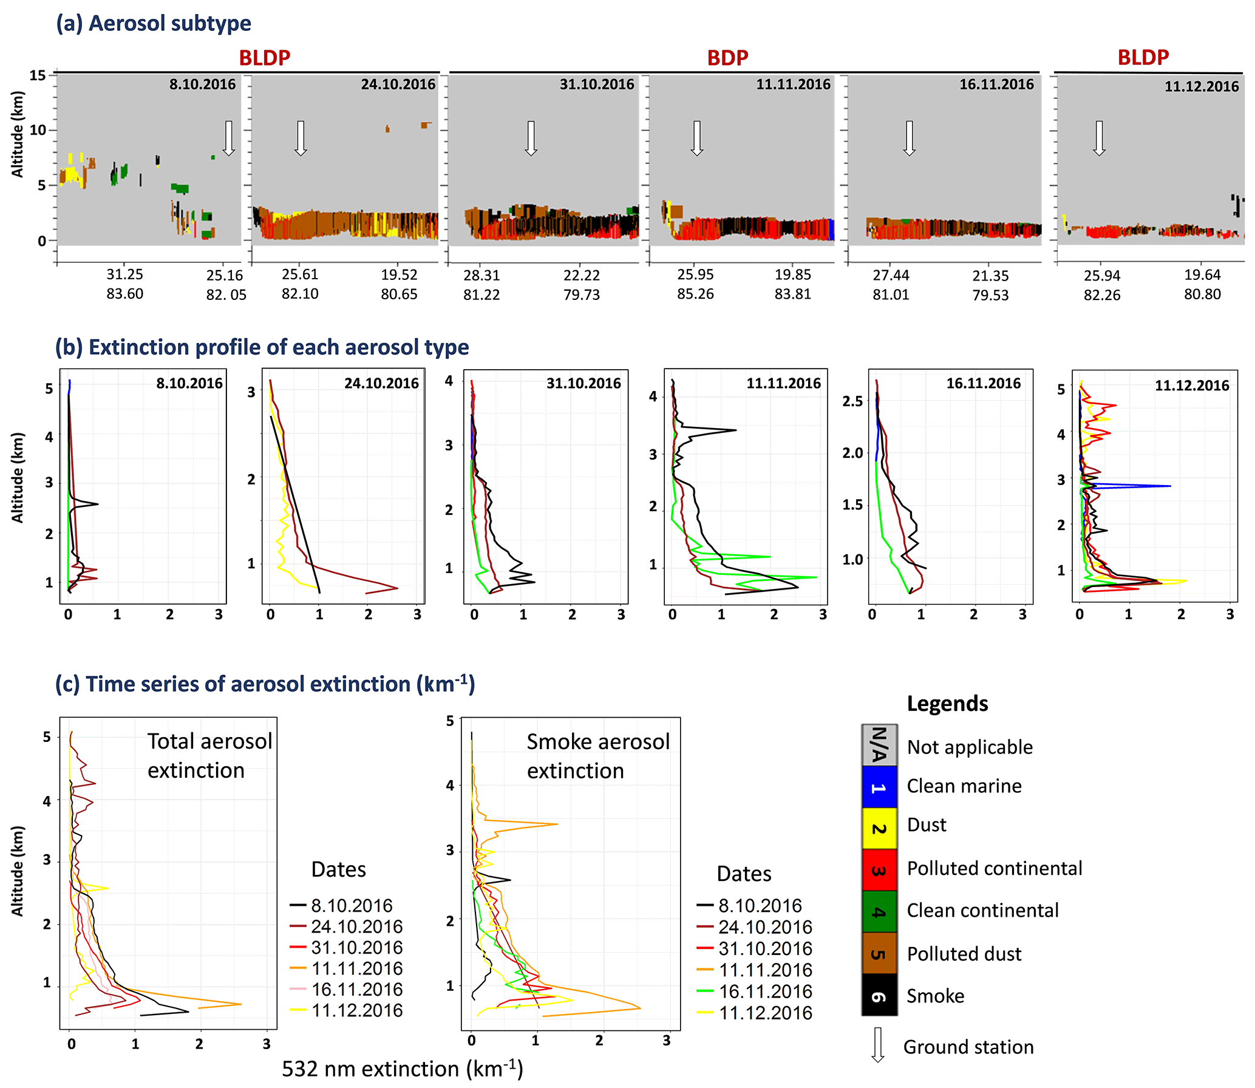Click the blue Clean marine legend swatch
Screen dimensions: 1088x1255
[x=879, y=787]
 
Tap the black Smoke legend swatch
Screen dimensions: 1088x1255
[x=879, y=995]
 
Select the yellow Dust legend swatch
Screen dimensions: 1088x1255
[x=879, y=828]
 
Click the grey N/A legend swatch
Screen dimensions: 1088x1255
[x=879, y=745]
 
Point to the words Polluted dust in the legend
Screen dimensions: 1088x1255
[x=964, y=954]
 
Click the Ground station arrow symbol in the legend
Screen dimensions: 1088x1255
[x=877, y=1045]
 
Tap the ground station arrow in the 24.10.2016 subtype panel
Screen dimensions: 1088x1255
[x=301, y=138]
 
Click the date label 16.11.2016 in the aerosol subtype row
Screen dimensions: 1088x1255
[x=996, y=84]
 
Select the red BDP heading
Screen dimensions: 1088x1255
[x=727, y=58]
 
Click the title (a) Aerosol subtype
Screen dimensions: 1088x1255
[x=154, y=23]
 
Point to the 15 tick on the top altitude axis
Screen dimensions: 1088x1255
[x=38, y=75]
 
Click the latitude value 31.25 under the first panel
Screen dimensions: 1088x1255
[x=124, y=274]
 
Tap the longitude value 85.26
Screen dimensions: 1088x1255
[x=695, y=294]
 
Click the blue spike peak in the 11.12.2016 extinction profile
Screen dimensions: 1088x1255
[x=1169, y=486]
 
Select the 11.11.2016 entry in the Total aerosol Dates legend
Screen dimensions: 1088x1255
[x=356, y=968]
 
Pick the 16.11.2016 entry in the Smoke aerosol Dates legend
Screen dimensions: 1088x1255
[x=764, y=991]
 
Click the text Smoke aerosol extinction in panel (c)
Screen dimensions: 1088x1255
[x=597, y=756]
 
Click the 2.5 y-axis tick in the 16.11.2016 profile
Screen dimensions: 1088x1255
[x=852, y=401]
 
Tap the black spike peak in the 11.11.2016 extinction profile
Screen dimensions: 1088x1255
[x=735, y=430]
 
